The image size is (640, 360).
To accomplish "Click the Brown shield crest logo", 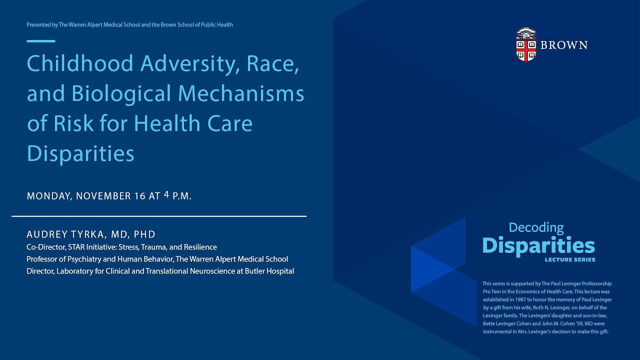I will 525,45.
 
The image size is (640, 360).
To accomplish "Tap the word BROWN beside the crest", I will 564,45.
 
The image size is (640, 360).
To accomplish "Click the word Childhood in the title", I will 80,63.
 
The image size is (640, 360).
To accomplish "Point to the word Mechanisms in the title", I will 242,93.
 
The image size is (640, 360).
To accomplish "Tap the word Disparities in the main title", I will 80,153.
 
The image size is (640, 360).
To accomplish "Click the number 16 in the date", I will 139,196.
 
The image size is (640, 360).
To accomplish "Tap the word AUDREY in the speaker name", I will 44,234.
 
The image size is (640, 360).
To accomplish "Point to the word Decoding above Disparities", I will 536,228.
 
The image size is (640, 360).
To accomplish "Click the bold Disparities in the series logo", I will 538,245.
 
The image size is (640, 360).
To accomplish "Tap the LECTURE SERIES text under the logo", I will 570,260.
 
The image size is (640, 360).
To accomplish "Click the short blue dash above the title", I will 41,41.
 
